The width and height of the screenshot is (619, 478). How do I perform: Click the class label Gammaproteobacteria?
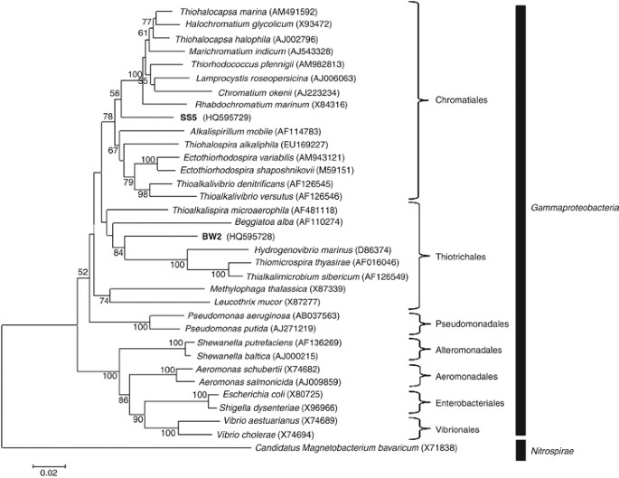[x=575, y=207]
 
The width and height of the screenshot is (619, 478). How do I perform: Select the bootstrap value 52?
[x=82, y=270]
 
